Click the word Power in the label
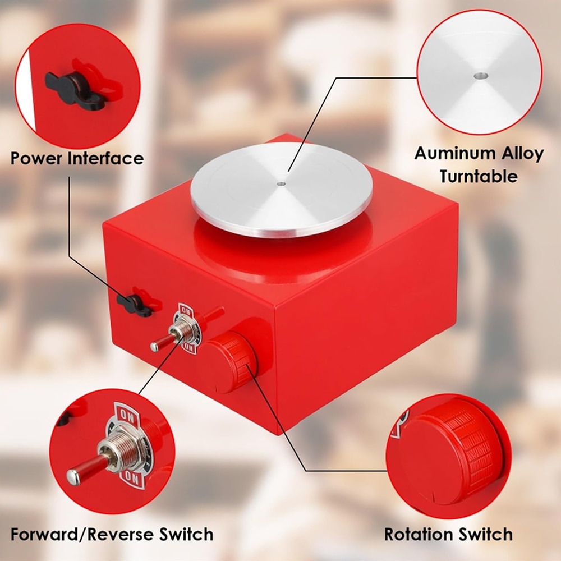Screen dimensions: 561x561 click(37, 158)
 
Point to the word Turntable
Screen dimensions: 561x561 click(479, 176)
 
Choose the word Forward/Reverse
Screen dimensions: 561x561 click(83, 535)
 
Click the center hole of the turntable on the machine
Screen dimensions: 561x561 click(281, 184)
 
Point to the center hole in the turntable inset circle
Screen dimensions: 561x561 click(481, 76)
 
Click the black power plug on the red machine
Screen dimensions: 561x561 click(135, 305)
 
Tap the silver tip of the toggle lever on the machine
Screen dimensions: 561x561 click(155, 346)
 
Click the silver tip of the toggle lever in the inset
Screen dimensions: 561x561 click(73, 477)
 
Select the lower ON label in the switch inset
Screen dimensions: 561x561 click(132, 477)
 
